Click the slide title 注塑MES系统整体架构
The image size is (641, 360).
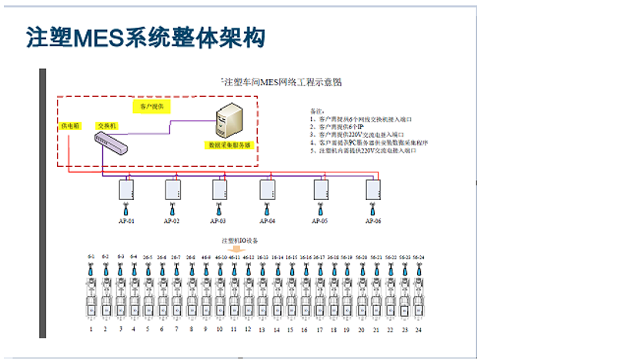(x=145, y=36)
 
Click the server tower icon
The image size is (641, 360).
(x=230, y=121)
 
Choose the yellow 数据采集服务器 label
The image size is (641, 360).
(x=229, y=144)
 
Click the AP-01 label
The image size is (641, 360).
(x=126, y=221)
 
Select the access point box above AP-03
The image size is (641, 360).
(x=220, y=189)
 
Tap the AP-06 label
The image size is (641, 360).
(x=373, y=221)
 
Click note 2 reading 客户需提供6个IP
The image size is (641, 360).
(x=339, y=127)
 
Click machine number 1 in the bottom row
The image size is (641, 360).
(x=92, y=329)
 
